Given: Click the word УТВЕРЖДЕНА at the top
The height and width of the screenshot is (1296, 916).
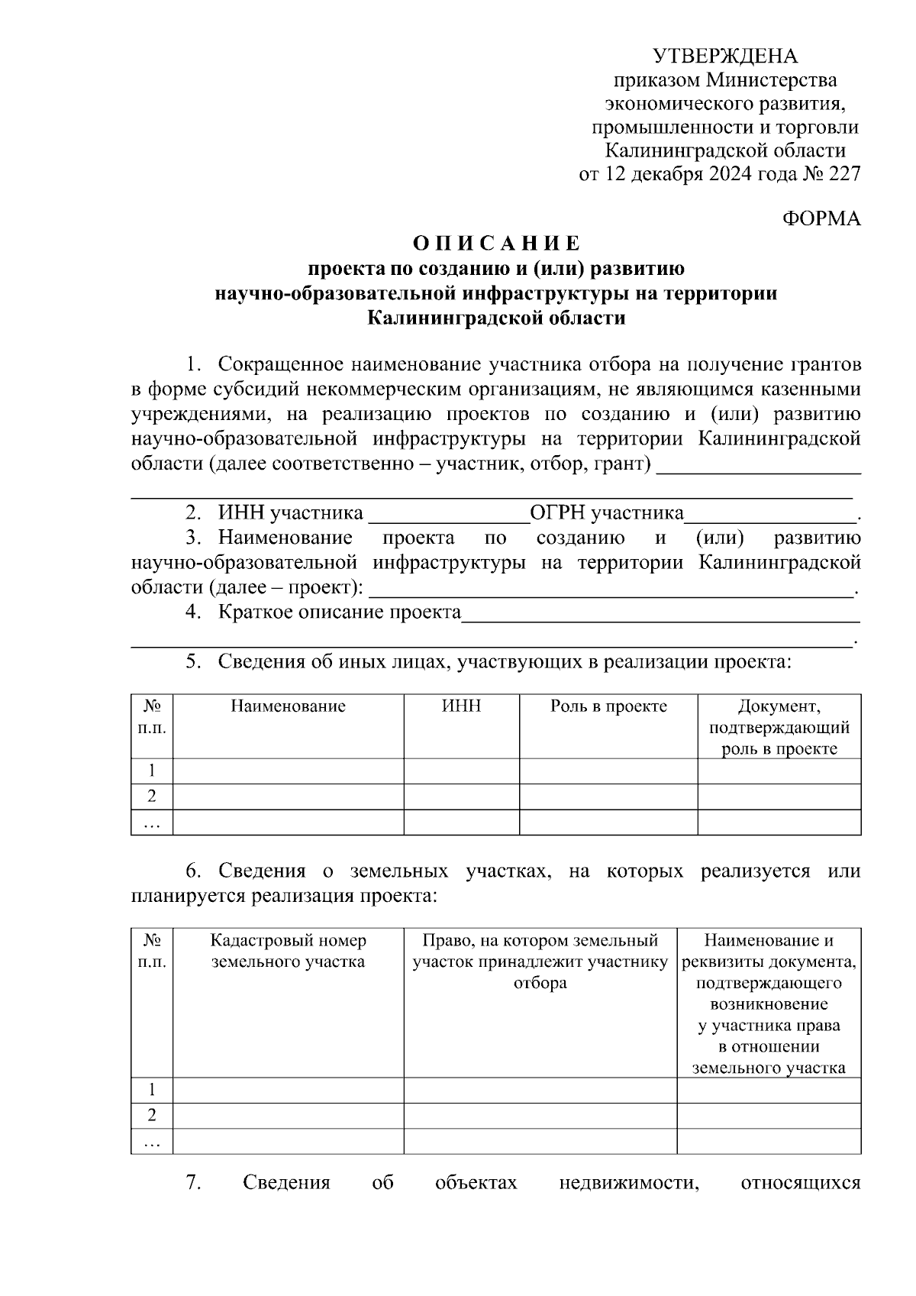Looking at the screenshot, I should coord(725,56).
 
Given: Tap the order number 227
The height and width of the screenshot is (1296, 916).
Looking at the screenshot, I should coord(844,174).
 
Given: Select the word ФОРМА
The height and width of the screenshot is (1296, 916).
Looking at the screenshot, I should coord(821,219).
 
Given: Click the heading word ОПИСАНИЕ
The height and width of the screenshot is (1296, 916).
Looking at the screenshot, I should coord(497,244).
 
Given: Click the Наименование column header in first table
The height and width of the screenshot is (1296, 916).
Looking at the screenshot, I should coord(288,706).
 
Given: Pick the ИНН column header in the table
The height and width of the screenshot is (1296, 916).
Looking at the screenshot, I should coord(461,706).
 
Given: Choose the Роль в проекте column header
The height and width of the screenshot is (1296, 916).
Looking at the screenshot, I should coord(608,706).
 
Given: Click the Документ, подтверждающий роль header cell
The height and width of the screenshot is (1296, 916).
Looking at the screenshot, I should coord(779,727).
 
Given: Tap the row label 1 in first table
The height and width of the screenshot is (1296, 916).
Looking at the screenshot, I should coord(152,771).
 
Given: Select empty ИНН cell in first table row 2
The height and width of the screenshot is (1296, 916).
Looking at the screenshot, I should coord(461,797).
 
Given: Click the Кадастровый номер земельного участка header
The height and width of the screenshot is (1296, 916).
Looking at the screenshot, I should coord(288,951).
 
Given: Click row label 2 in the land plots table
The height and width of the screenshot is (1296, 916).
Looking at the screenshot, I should coord(152,1116).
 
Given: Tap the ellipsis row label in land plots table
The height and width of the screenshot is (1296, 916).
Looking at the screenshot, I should coord(152,1141).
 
